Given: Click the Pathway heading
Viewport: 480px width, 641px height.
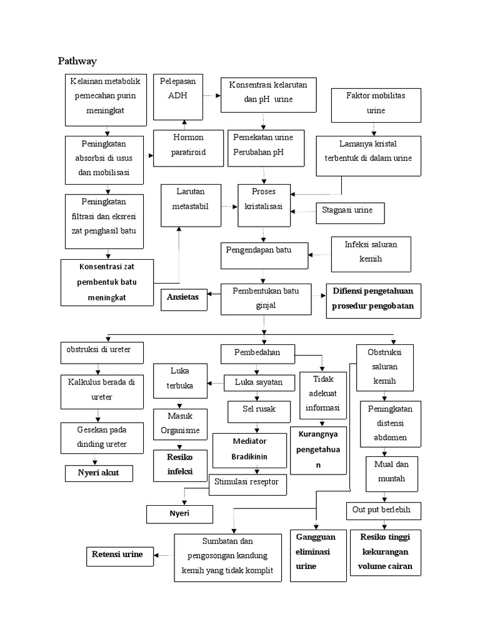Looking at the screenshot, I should point(77,61).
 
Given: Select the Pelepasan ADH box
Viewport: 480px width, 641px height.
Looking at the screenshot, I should point(177,96).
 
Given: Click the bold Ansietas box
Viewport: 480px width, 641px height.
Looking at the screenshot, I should point(182,297).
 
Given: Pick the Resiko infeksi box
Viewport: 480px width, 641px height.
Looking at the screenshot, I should point(180,464).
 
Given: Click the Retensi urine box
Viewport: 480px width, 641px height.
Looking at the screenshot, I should point(119,555).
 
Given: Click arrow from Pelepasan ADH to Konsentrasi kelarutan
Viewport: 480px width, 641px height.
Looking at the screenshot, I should point(212,96).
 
